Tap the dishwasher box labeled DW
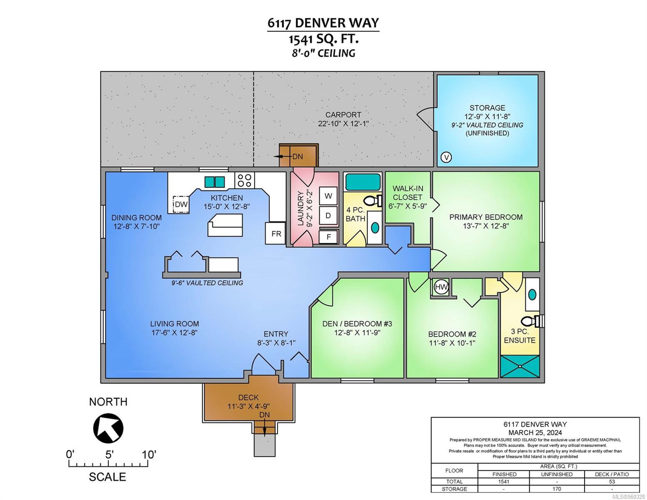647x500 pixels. tap(181, 204)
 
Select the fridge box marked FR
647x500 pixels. tap(276, 233)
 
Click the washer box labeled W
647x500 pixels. tap(328, 196)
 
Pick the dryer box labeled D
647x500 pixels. tap(328, 215)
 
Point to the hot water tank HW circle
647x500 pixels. tap(441, 287)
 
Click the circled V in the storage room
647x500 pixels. tap(446, 157)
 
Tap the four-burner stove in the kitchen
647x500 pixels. tap(245, 180)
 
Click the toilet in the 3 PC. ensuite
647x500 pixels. tap(532, 321)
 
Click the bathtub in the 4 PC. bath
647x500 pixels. tap(362, 182)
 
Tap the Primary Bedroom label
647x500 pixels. tap(486, 217)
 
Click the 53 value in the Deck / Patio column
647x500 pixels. tap(612, 482)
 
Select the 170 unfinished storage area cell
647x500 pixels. tap(557, 489)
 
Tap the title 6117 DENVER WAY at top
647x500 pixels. tap(323, 23)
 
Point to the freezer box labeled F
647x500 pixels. tap(328, 237)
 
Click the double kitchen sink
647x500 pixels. tap(215, 182)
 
